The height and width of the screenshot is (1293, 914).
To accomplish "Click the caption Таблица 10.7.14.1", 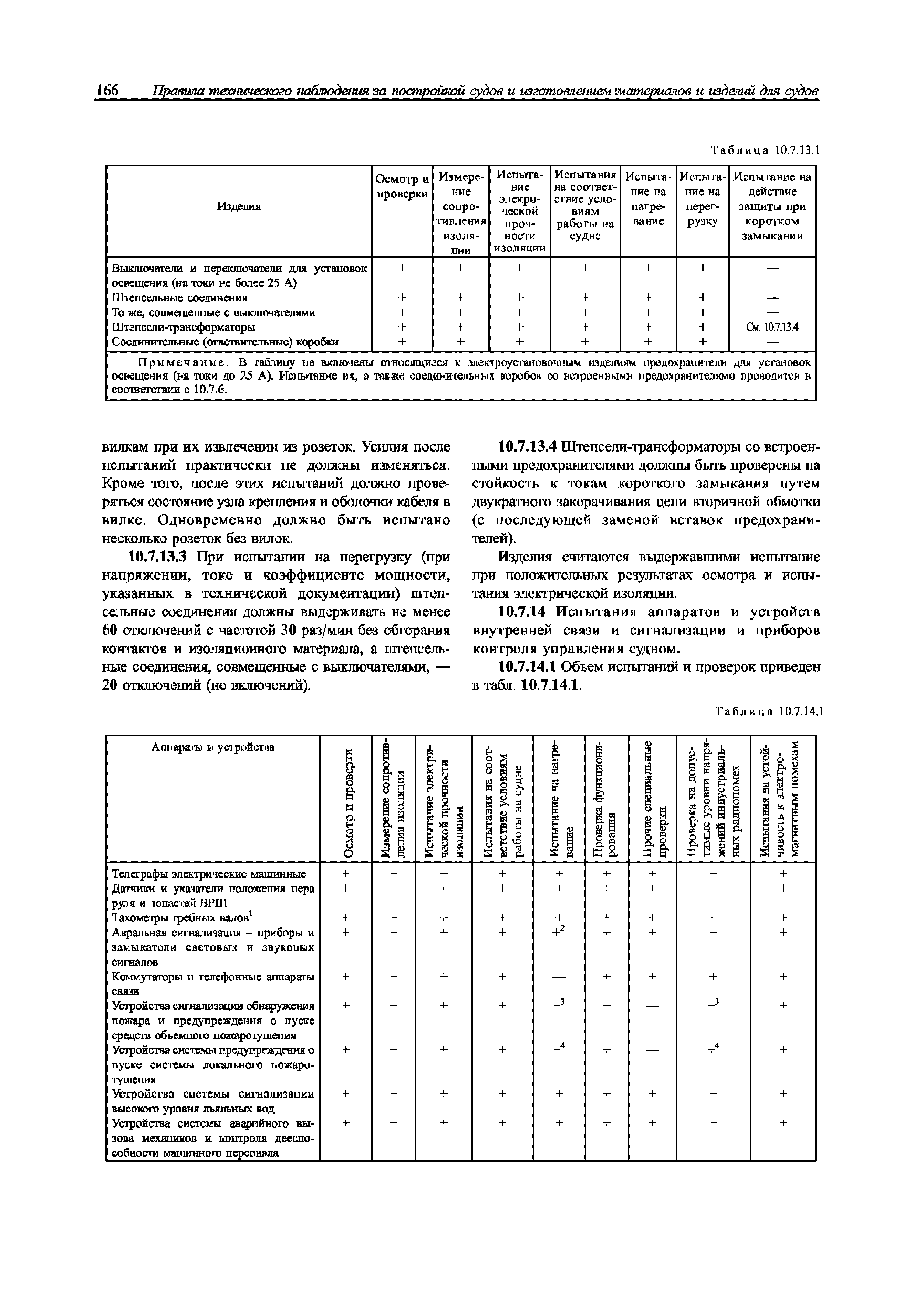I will (769, 712).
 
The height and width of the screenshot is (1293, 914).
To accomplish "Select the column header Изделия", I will (239, 207).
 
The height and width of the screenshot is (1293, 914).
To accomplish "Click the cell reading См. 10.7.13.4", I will (772, 327).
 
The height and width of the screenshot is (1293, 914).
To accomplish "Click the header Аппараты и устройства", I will (213, 747).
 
